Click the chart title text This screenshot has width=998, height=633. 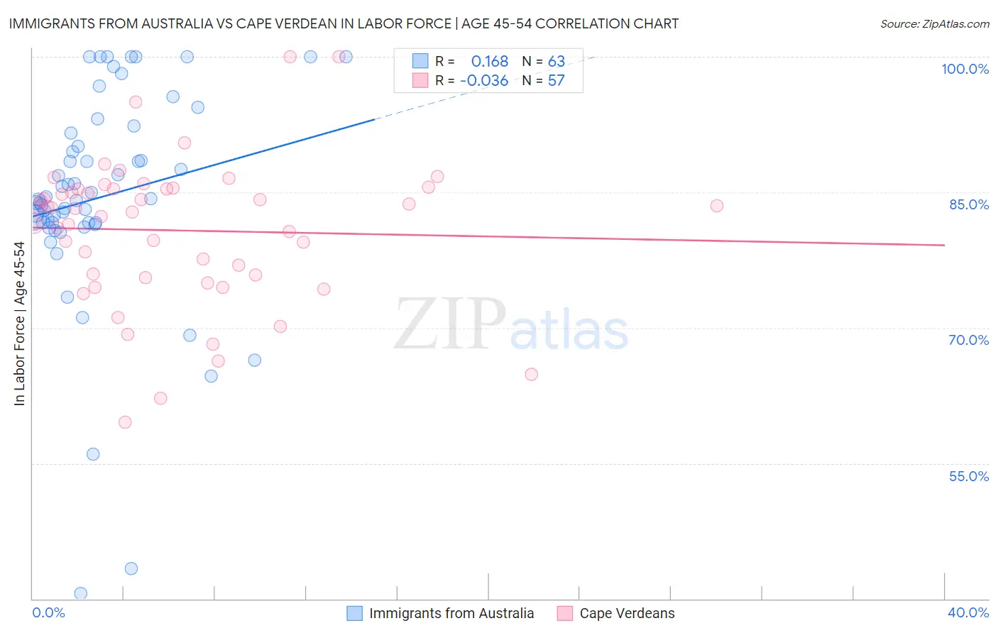344,23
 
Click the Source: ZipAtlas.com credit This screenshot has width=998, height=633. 934,24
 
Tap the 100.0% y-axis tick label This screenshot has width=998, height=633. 965,69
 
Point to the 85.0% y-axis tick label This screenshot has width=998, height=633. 968,204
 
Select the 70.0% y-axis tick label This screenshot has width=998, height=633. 968,340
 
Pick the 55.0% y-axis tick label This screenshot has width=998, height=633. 968,476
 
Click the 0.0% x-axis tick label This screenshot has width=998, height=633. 48,612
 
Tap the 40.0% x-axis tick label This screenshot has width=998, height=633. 967,612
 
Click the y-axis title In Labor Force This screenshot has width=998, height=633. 20,324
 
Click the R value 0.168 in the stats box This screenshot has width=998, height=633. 490,62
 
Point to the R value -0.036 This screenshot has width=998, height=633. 484,81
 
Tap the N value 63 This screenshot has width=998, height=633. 556,62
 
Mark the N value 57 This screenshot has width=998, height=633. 556,81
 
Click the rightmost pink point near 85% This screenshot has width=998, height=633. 716,206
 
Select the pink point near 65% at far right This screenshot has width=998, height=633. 531,374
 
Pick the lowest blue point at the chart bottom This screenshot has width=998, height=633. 81,593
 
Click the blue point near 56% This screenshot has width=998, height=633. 93,454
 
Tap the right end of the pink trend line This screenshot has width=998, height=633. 944,245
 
